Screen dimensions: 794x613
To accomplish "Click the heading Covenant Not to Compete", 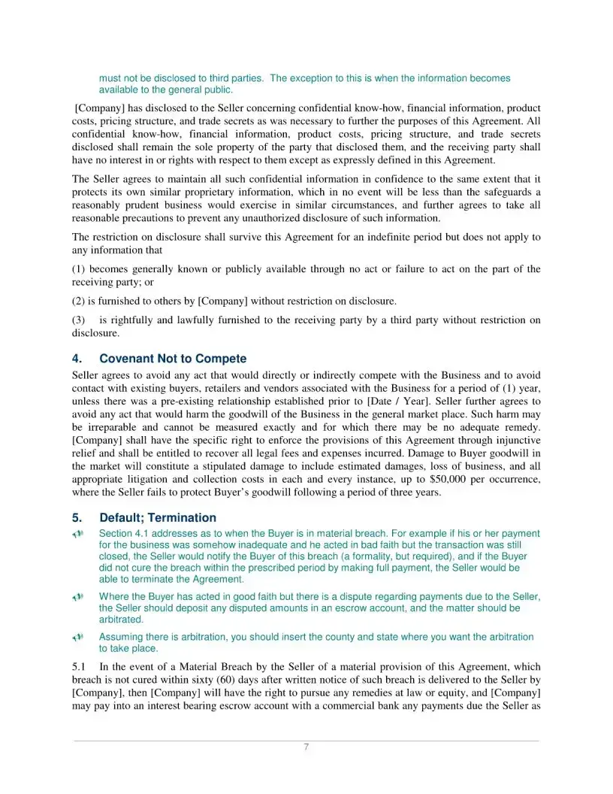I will tap(173, 359).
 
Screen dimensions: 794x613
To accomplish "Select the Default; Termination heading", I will tap(157, 518).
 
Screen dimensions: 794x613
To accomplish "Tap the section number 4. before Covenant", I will tap(77, 359).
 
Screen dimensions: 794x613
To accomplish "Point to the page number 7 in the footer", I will tap(306, 747).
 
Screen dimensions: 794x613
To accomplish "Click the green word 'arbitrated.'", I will tap(121, 620).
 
